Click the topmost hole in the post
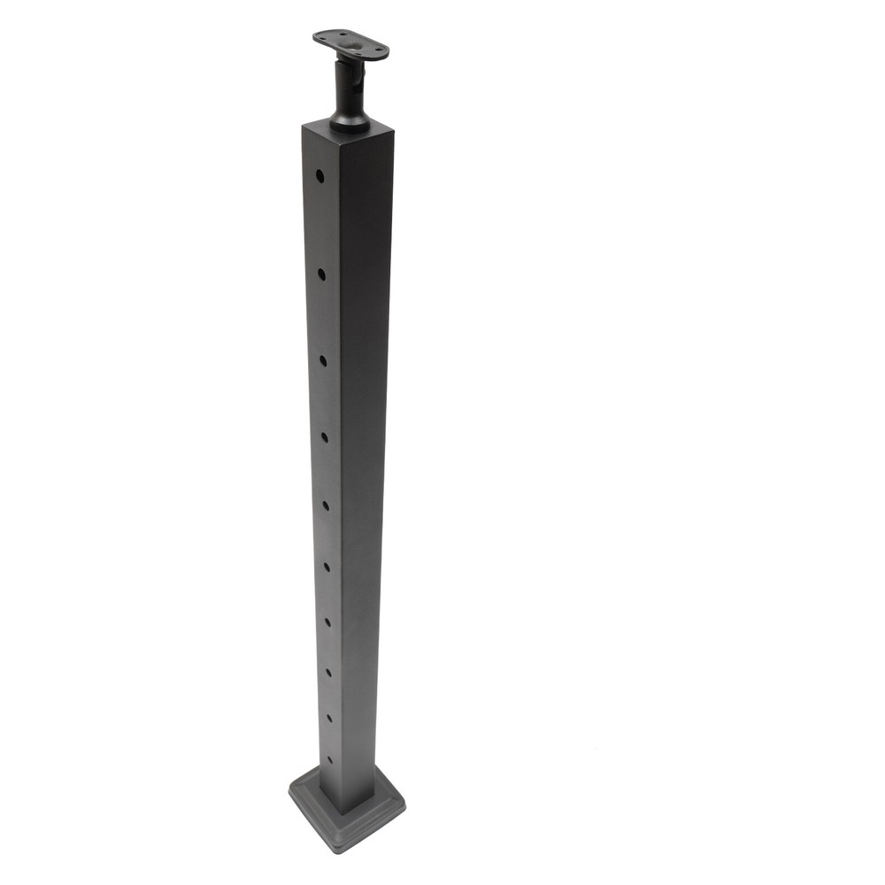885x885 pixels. coord(319,176)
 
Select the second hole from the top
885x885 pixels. coord(321,273)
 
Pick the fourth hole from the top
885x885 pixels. coord(325,435)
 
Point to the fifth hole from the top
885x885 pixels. coord(326,504)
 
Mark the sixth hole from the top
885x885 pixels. coord(327,566)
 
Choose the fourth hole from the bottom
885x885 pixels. coord(327,622)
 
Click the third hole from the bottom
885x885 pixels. coord(328,673)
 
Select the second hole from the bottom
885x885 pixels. coord(329,718)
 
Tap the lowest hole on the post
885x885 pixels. coord(330,759)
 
